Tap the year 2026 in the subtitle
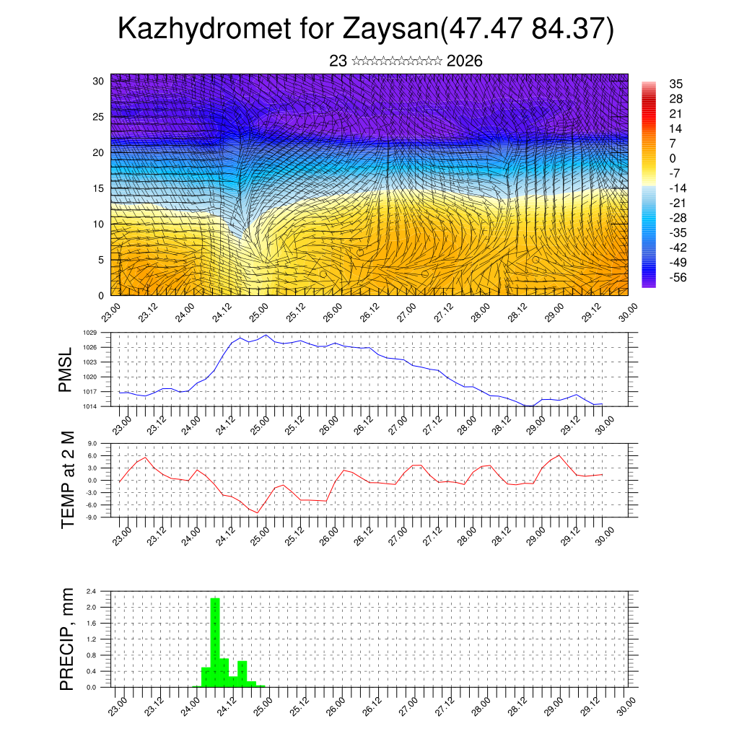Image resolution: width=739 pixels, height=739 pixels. [x=464, y=61]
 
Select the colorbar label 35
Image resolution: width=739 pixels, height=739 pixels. [x=676, y=84]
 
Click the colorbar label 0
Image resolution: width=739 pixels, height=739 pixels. [x=673, y=158]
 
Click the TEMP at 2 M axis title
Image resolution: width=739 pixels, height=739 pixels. [x=68, y=479]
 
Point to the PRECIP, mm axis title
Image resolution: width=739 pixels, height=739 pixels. [x=68, y=639]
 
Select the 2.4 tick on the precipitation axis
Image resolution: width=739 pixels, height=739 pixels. [x=91, y=591]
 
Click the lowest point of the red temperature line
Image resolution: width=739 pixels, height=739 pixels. [x=258, y=512]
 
